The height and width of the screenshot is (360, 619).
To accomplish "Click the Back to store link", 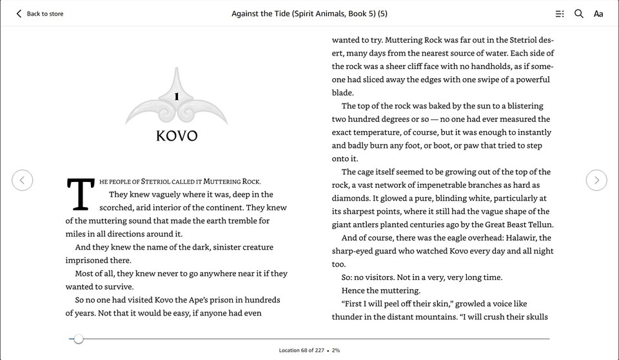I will pyautogui.click(x=40, y=14).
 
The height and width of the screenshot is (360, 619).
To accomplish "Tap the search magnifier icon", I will pyautogui.click(x=579, y=14).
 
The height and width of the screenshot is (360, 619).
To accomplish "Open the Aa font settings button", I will pyautogui.click(x=598, y=14).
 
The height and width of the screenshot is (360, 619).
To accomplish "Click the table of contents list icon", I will pyautogui.click(x=560, y=14).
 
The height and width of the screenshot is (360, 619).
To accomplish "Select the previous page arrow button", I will pyautogui.click(x=23, y=180).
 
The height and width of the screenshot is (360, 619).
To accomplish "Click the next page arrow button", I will pyautogui.click(x=596, y=180).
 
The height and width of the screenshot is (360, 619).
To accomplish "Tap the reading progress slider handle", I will pyautogui.click(x=79, y=339).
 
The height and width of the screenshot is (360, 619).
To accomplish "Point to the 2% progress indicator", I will pyautogui.click(x=337, y=350).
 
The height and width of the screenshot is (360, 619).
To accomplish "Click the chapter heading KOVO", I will pyautogui.click(x=177, y=136).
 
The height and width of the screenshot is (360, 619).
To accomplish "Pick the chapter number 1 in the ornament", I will pyautogui.click(x=176, y=97).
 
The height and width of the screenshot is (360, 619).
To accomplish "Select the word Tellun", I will pyautogui.click(x=540, y=225).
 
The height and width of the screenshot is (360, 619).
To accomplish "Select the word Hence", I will pyautogui.click(x=353, y=290).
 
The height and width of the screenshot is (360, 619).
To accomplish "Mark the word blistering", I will pyautogui.click(x=522, y=106).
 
